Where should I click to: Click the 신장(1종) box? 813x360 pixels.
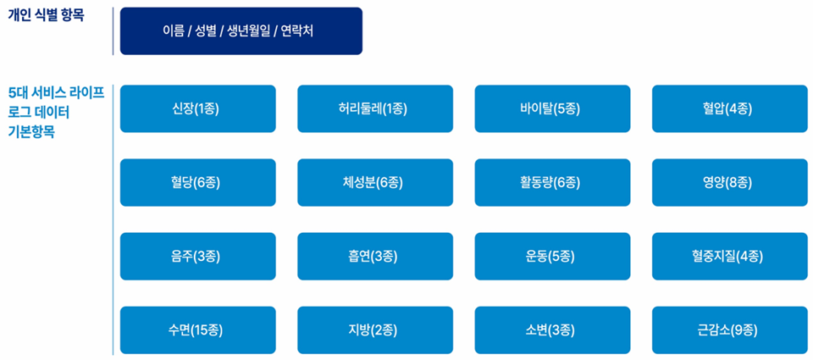[x=198, y=109]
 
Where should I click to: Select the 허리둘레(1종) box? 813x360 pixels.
[x=375, y=109]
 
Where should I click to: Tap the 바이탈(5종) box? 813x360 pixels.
[x=553, y=109]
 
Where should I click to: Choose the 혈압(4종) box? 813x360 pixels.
[x=730, y=109]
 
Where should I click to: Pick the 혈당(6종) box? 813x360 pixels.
[x=198, y=183]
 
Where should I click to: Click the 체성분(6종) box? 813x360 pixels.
[x=375, y=183]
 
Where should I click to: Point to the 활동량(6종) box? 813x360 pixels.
[x=553, y=183]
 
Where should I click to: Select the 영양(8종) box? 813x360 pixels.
[x=730, y=183]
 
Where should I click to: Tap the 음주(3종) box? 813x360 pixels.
[x=198, y=257]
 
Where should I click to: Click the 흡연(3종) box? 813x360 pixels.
[x=375, y=257]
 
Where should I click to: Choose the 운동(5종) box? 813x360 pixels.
[x=553, y=257]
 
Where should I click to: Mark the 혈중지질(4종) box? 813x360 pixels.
[x=730, y=257]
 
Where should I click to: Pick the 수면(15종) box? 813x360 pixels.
[x=198, y=330]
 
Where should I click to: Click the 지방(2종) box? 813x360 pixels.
[x=375, y=330]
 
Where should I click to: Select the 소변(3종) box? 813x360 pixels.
[x=553, y=330]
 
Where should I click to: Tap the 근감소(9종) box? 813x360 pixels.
[x=730, y=330]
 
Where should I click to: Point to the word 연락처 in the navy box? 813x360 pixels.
[x=297, y=31]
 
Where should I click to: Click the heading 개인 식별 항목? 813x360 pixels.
[x=46, y=14]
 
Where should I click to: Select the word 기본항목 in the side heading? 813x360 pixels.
[x=32, y=132]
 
